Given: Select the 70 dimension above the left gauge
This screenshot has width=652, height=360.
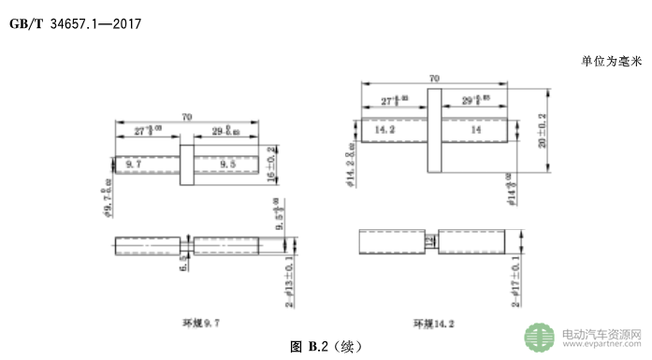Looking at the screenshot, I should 187,117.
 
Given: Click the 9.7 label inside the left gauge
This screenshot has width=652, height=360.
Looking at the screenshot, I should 131,164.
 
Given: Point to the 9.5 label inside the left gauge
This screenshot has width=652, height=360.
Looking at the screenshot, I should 226,164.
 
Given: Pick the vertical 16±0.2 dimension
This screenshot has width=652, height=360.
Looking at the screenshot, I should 273,165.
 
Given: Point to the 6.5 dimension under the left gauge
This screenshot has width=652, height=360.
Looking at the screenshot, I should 184,266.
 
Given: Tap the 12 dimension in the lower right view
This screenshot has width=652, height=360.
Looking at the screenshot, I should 429,241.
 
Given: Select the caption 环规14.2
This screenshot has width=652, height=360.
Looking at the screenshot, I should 434,323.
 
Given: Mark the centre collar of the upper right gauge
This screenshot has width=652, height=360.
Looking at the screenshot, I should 433,131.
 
